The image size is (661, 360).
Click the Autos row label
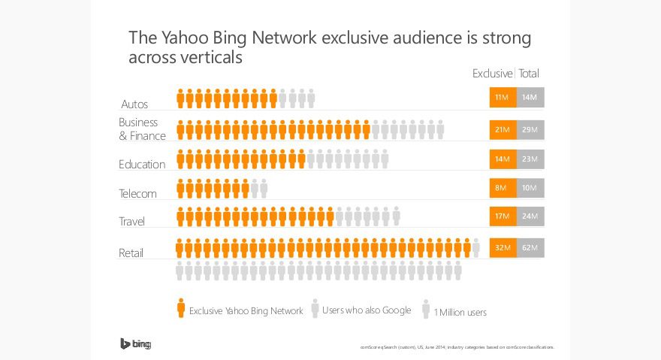click(134, 104)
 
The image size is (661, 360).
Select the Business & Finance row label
click(138, 129)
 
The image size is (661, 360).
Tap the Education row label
click(142, 165)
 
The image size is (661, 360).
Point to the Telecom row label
click(137, 193)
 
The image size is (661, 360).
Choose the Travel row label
click(131, 221)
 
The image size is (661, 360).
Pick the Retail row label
click(131, 253)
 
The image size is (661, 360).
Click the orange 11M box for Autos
click(502, 98)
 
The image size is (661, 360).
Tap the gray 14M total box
click(530, 98)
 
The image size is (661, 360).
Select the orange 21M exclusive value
click(502, 130)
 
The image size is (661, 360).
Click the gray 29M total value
click(530, 130)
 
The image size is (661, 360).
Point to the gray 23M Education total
click(530, 159)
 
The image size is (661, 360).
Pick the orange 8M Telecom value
click(502, 188)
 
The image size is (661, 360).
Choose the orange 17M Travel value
click(502, 216)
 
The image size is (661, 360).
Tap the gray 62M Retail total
click(530, 247)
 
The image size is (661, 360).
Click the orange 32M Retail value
click(502, 247)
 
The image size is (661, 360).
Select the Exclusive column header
click(492, 74)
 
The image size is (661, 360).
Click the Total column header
click(529, 74)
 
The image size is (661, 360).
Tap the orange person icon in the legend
click(181, 308)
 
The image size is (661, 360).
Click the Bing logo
click(136, 344)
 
